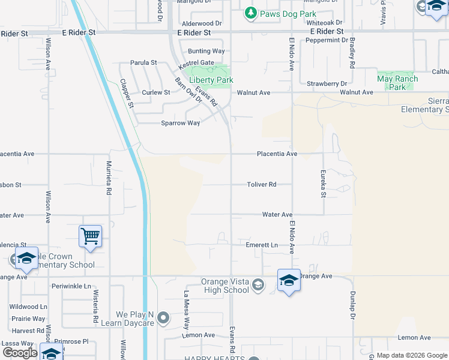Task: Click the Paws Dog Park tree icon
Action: coord(250,12)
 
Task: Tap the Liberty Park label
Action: coord(211,80)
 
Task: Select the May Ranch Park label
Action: coord(397,83)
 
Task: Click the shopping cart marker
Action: coord(90,236)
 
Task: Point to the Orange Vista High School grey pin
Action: coord(258,284)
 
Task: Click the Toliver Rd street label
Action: coord(262,185)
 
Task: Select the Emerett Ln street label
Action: coord(262,245)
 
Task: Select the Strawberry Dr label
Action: coord(327,84)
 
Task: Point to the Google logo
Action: coord(20,353)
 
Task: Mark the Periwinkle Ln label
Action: coord(71,286)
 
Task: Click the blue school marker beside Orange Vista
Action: coord(289,281)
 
